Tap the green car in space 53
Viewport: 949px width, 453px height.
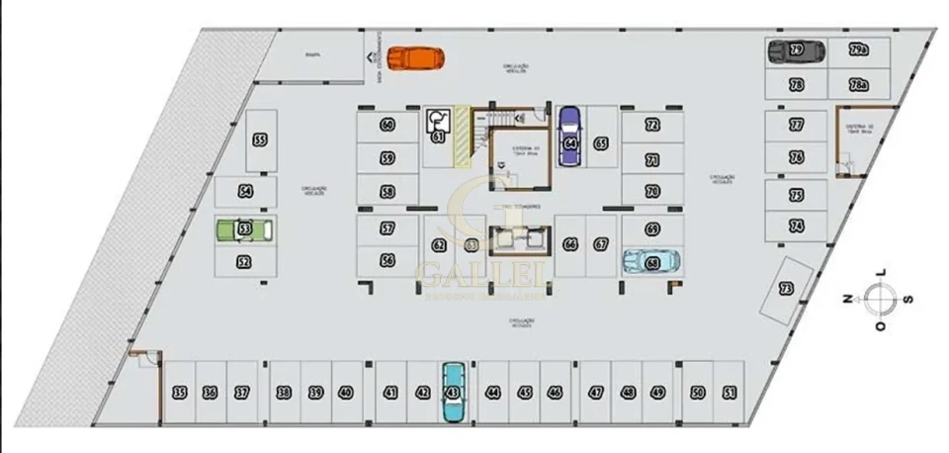[245, 229]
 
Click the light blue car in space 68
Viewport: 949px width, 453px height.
[651, 261]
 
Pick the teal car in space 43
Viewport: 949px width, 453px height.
[453, 392]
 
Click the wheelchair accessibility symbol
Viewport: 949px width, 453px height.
[438, 123]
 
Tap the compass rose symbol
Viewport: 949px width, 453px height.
[879, 297]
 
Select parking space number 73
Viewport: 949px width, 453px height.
[787, 290]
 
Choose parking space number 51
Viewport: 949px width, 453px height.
[729, 393]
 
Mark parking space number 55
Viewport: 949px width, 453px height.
[260, 140]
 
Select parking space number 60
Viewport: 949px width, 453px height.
[387, 126]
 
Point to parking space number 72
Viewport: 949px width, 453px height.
[651, 126]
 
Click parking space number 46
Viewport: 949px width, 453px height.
[555, 393]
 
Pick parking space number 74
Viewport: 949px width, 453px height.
[796, 226]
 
